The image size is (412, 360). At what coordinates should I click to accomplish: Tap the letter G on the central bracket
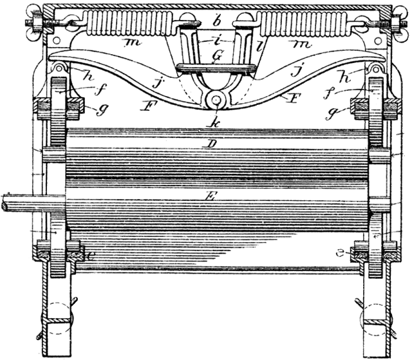217,56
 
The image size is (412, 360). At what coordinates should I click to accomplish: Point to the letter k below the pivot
214,120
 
